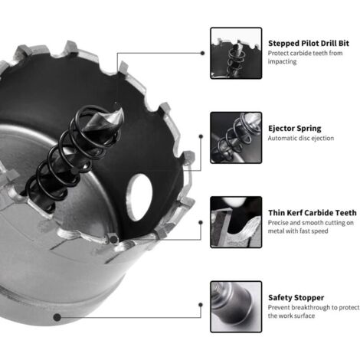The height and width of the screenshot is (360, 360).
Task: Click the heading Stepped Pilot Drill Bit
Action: (x=309, y=43)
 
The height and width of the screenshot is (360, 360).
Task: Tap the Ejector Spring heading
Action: (x=295, y=128)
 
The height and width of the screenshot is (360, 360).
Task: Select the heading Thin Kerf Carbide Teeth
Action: (x=313, y=213)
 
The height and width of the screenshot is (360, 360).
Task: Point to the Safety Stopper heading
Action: (x=296, y=297)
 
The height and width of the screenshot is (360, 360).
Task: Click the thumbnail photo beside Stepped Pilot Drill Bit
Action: (x=236, y=53)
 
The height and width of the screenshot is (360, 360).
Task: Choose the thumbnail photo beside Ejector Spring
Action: (x=236, y=138)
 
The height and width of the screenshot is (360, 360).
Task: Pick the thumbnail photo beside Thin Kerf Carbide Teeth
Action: (x=236, y=222)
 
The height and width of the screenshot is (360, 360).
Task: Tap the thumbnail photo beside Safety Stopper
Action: (x=236, y=306)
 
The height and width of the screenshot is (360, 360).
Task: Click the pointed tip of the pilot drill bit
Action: (x=120, y=107)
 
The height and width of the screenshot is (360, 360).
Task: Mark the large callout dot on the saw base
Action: (x=57, y=317)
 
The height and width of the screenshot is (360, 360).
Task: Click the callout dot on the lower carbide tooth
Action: (x=113, y=239)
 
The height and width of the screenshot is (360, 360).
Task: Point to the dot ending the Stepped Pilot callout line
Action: (x=202, y=53)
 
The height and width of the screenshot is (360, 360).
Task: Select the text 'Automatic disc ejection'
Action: (x=301, y=138)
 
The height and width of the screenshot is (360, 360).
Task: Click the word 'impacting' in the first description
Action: (x=282, y=61)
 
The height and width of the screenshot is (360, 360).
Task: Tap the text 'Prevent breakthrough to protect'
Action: (x=313, y=307)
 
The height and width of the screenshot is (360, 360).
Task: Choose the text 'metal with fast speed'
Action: (x=298, y=231)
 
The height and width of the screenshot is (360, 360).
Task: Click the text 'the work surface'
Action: (x=291, y=316)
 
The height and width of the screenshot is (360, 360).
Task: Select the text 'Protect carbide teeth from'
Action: (x=305, y=53)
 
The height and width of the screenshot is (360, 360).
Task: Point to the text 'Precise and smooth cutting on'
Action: (x=311, y=223)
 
